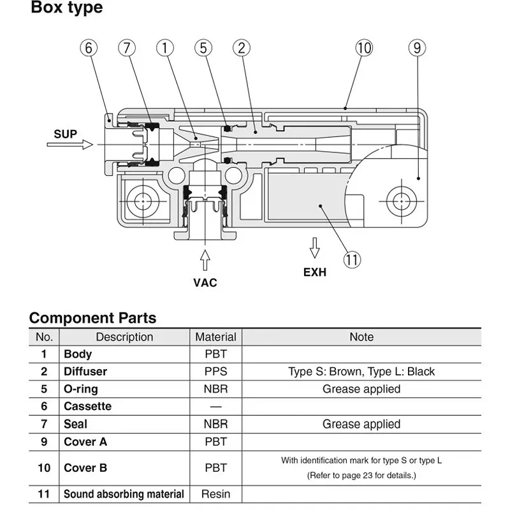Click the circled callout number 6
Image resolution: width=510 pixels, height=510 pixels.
tap(89, 48)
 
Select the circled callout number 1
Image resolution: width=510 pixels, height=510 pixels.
tap(165, 48)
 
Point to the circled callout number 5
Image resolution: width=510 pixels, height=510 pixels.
tap(203, 48)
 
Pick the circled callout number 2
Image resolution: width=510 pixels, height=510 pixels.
tap(241, 48)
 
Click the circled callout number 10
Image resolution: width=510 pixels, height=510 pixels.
tap(364, 48)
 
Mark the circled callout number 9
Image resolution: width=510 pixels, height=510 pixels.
tap(416, 48)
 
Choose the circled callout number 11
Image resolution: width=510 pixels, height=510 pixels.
tap(352, 259)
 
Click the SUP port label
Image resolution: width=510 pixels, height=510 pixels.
tap(66, 134)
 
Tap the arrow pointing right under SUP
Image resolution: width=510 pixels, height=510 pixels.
tap(69, 145)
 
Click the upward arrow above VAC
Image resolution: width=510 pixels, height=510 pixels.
tap(205, 260)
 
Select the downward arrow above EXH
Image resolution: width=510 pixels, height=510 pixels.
tap(314, 247)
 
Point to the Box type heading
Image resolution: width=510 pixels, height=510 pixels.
tap(66, 8)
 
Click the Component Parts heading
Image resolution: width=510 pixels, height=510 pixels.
tap(92, 317)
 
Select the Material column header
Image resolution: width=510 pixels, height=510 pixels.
tap(215, 337)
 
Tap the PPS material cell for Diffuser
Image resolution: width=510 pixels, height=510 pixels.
tap(215, 371)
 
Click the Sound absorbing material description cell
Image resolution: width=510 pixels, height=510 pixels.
tap(124, 493)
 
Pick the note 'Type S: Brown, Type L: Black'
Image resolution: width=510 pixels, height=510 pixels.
tap(361, 371)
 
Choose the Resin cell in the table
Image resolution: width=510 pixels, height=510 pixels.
tap(215, 493)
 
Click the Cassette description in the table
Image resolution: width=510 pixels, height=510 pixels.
tap(87, 406)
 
